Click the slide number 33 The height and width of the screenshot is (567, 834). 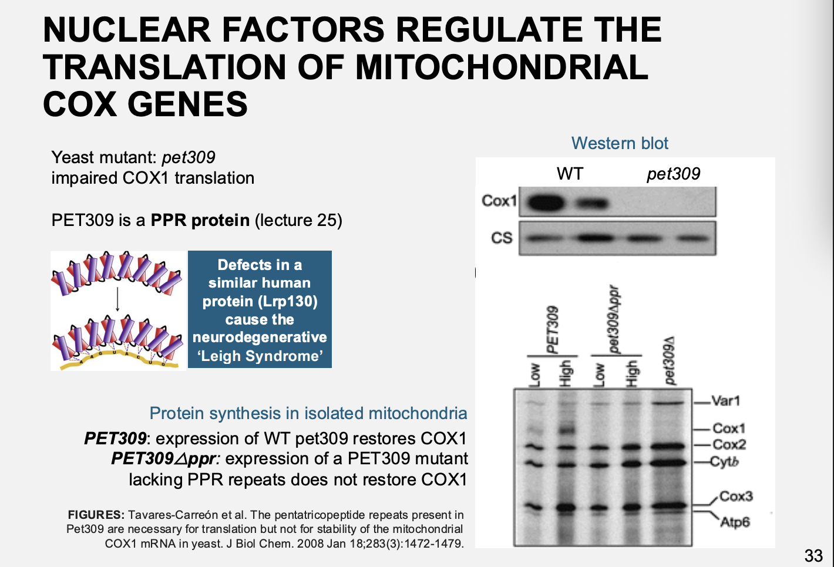tap(813, 555)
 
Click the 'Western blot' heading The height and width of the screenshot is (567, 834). tap(620, 143)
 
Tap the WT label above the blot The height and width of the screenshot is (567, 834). tap(570, 174)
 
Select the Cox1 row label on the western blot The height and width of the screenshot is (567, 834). tap(499, 201)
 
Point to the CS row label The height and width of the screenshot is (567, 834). tap(502, 238)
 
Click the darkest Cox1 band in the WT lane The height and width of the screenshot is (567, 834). tap(546, 204)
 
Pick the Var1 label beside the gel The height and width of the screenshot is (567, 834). tap(725, 401)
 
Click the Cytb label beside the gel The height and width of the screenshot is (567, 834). tap(724, 461)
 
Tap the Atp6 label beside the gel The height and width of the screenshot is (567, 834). tap(735, 522)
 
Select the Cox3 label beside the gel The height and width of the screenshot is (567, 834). tap(735, 497)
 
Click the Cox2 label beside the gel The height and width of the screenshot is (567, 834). tap(729, 445)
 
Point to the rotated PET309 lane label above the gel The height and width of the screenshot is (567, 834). tap(553, 329)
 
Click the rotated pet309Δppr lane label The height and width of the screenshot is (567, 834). tap(614, 320)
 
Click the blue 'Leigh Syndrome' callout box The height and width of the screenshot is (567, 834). tap(260, 309)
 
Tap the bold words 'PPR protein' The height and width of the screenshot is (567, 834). tap(200, 220)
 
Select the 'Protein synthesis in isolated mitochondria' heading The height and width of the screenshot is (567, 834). tap(308, 413)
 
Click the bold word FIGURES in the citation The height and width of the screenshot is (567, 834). tap(96, 515)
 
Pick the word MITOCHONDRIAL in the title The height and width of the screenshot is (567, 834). tap(502, 67)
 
